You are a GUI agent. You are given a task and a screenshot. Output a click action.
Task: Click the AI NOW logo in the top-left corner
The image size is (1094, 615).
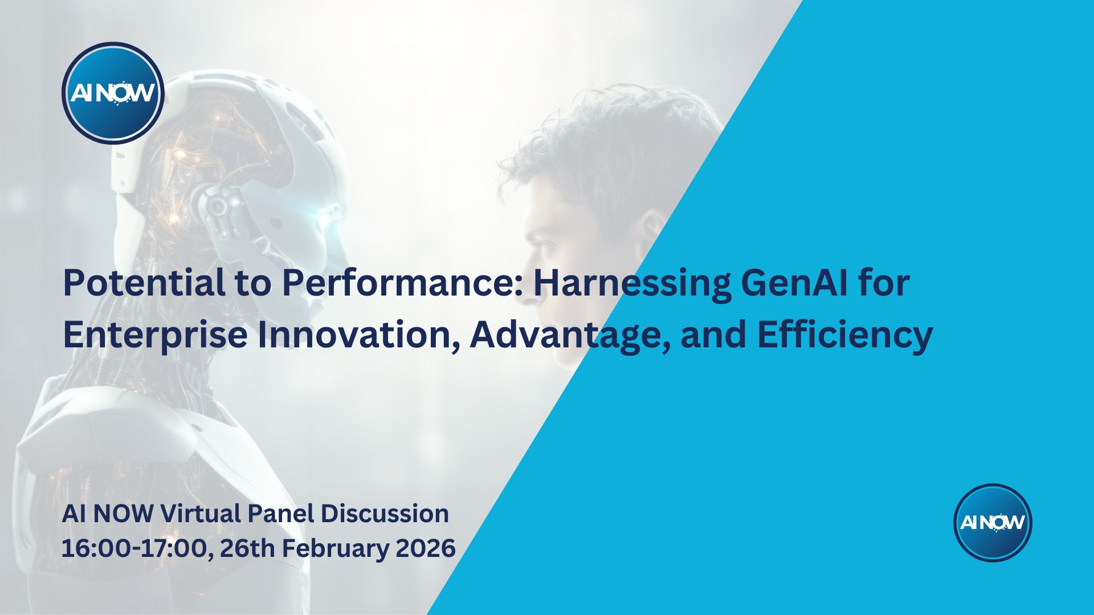pos(113,93)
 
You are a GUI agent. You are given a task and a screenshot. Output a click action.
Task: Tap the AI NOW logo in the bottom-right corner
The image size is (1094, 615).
pos(993,522)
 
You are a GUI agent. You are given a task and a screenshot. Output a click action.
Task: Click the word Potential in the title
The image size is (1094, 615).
pos(144,282)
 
